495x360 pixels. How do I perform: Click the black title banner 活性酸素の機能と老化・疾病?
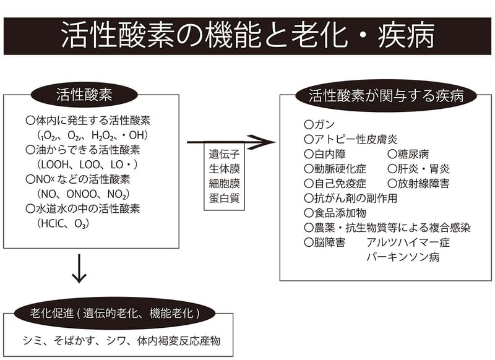tap(247, 36)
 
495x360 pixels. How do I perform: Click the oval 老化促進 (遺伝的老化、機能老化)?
tap(115, 313)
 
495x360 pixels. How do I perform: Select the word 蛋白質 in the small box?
tap(224, 199)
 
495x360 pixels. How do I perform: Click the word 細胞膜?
tap(224, 184)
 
